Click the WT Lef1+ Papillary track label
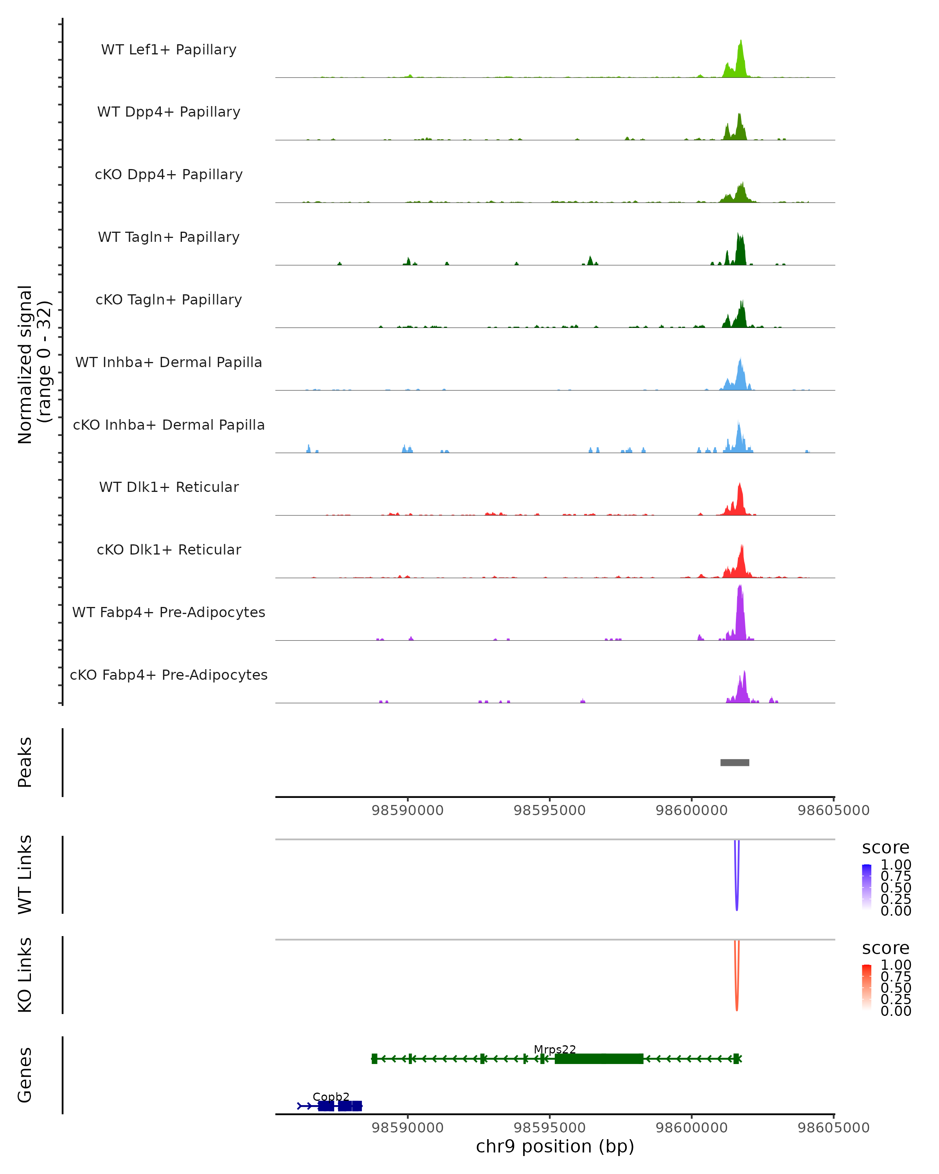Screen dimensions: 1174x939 169,50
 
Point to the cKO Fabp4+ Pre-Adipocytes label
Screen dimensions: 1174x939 169,675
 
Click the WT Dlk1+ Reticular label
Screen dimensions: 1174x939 169,487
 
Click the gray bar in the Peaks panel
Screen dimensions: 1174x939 734,762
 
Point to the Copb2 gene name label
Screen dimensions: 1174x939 331,1097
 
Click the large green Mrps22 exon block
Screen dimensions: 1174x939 599,1059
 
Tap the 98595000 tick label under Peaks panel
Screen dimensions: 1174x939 549,810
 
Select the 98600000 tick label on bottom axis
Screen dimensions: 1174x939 691,1128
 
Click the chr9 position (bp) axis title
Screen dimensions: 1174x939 555,1146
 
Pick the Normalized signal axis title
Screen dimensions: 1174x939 34,364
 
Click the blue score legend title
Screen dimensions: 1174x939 885,847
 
